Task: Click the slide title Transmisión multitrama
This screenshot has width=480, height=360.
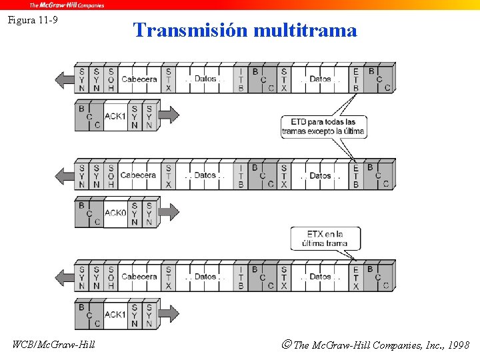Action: tap(245, 30)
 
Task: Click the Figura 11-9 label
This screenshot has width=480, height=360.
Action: tap(33, 20)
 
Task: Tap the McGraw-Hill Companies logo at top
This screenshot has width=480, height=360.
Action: tap(66, 5)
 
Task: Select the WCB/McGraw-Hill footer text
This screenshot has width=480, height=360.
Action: tap(54, 345)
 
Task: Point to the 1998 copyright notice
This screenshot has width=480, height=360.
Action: tap(376, 345)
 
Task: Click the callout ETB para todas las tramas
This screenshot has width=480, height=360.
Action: tap(323, 126)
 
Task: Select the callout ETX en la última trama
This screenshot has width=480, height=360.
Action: tap(325, 238)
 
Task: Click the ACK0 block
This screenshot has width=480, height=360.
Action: tap(115, 213)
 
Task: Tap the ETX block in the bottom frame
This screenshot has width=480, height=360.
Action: tap(355, 277)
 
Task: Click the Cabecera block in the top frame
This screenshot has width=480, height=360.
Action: tap(139, 79)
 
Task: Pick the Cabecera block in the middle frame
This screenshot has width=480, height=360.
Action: tap(139, 176)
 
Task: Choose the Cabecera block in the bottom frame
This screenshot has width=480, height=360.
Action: tap(139, 277)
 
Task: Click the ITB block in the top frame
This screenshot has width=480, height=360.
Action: tap(241, 79)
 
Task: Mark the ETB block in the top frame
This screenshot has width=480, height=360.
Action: tap(355, 79)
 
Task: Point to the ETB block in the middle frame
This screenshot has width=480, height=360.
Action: tap(355, 176)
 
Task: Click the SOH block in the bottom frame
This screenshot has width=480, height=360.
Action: tap(111, 277)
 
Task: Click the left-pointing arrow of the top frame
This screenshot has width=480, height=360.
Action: tap(65, 79)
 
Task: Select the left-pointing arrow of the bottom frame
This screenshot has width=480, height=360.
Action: tap(65, 277)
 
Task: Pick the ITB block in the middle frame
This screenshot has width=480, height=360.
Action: tap(241, 176)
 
